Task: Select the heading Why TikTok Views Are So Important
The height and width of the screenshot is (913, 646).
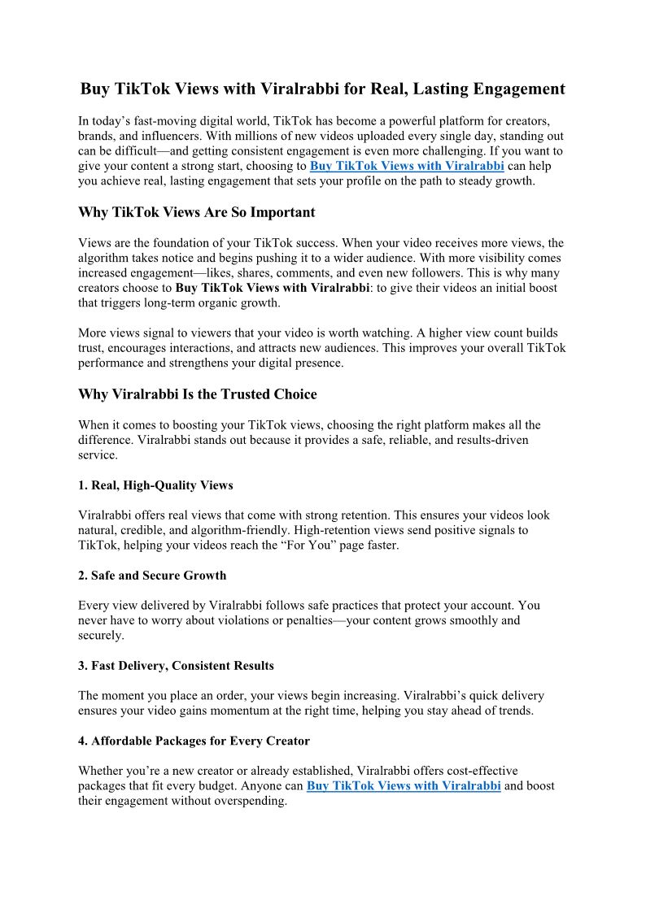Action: [196, 212]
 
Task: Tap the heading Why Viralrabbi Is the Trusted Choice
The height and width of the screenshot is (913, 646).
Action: [197, 394]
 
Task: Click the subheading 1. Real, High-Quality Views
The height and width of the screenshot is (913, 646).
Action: [155, 485]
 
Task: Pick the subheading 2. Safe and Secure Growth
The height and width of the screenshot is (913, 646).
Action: [152, 576]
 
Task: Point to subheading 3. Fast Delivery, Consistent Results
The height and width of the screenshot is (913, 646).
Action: [176, 666]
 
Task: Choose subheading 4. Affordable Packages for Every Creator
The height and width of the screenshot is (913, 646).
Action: [194, 741]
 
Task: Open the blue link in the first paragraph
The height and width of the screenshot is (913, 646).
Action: [407, 166]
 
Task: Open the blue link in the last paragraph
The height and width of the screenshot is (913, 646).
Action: [404, 786]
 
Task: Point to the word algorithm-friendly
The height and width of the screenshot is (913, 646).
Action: [236, 530]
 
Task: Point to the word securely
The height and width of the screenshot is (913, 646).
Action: [100, 635]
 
